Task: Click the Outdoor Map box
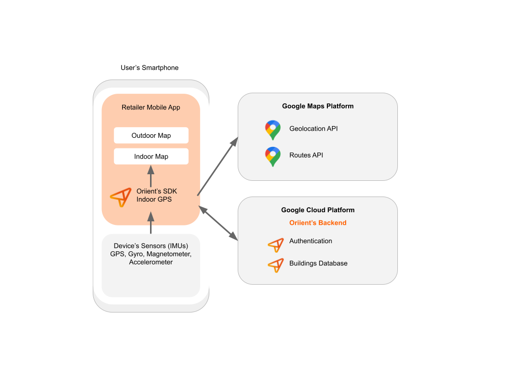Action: pyautogui.click(x=151, y=135)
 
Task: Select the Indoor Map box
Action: pyautogui.click(x=151, y=157)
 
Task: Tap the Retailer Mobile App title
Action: pyautogui.click(x=151, y=107)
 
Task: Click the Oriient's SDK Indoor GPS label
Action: pyautogui.click(x=157, y=196)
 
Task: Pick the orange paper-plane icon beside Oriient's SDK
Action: pyautogui.click(x=121, y=197)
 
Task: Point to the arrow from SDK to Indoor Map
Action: pyautogui.click(x=151, y=177)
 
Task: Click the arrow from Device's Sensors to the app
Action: pyautogui.click(x=151, y=223)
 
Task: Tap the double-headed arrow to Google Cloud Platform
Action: pyautogui.click(x=218, y=222)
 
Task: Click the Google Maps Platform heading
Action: pyautogui.click(x=318, y=106)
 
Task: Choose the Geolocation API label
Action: pyautogui.click(x=313, y=129)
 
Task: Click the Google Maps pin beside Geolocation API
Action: pyautogui.click(x=273, y=130)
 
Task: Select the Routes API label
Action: pyautogui.click(x=306, y=155)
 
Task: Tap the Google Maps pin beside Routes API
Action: pyautogui.click(x=273, y=157)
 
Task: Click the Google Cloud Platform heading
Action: pyautogui.click(x=318, y=210)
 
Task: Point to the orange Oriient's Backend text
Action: pyautogui.click(x=318, y=223)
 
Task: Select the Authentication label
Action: pyautogui.click(x=311, y=241)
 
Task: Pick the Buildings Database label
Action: pyautogui.click(x=318, y=263)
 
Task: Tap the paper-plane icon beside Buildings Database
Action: pyautogui.click(x=276, y=265)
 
